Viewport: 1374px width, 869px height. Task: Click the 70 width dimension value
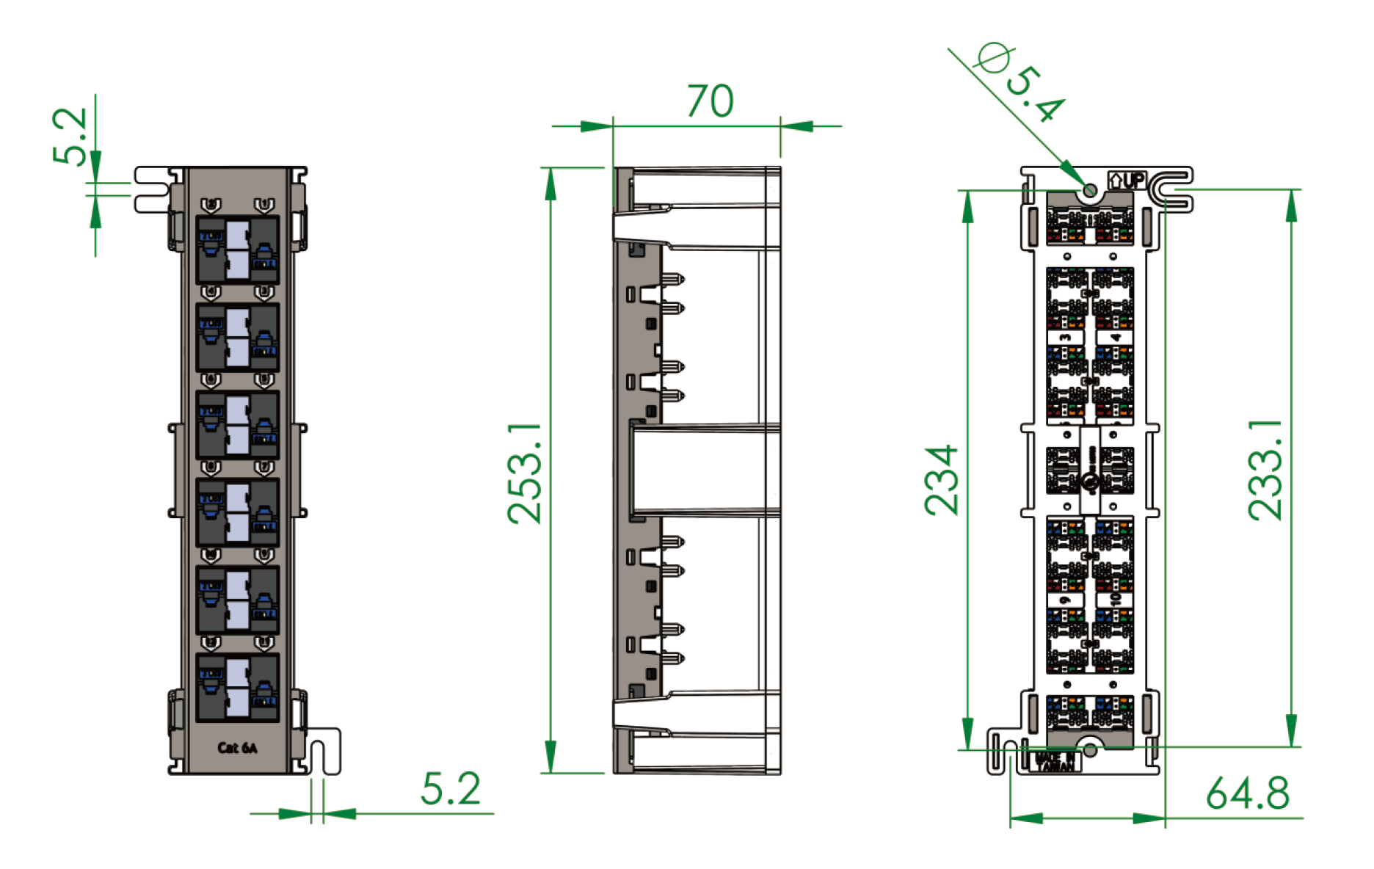pos(710,101)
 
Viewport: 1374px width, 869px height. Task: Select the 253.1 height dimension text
pos(526,473)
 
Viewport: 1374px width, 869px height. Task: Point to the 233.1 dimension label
pos(1266,470)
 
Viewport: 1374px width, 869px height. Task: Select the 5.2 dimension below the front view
pos(450,788)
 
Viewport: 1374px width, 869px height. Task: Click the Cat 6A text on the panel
pos(237,748)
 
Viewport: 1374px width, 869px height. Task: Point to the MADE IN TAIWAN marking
pos(1055,761)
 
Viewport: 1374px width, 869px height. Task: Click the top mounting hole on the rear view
pos(1090,191)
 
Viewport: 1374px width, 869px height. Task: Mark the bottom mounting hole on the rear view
pos(1090,750)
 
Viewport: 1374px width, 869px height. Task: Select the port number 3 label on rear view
pos(1066,337)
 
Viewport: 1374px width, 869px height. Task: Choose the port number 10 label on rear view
pos(1115,600)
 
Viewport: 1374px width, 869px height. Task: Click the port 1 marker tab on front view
pos(264,205)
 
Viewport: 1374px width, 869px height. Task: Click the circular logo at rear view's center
pos(1090,481)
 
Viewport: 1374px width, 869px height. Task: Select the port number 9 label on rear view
pos(1066,600)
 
